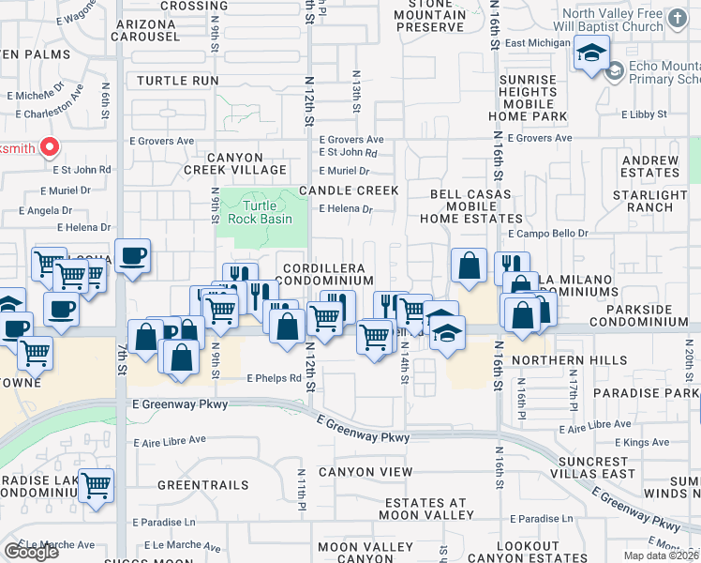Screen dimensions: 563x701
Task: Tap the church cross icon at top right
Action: click(x=679, y=18)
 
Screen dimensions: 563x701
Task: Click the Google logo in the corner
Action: click(x=31, y=552)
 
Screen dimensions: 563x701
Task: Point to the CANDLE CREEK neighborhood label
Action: click(x=349, y=190)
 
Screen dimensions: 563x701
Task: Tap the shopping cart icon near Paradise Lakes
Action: click(x=96, y=486)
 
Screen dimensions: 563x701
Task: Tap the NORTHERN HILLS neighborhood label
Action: click(x=582, y=360)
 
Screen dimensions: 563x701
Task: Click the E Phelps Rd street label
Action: click(x=274, y=379)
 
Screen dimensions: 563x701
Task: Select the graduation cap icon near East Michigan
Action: click(x=591, y=53)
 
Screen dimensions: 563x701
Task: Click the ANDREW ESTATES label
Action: click(x=650, y=167)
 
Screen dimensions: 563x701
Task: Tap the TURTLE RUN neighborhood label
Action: click(x=177, y=82)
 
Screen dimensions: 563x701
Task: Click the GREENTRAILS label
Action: click(x=203, y=485)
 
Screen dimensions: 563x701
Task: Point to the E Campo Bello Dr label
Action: click(x=548, y=233)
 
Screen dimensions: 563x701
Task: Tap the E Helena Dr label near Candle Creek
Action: click(x=347, y=210)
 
